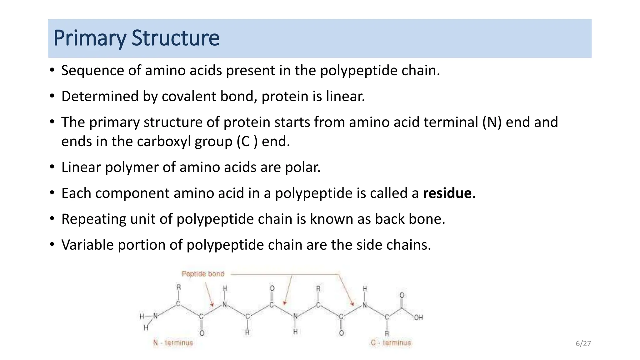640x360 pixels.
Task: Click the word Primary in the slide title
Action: pos(90,38)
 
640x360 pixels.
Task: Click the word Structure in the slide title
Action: pos(175,38)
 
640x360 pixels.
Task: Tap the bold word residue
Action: pos(447,193)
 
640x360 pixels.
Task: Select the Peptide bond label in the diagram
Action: pos(203,274)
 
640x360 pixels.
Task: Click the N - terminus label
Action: pos(173,343)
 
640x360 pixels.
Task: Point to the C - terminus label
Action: pos(391,343)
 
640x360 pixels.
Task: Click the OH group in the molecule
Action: pos(418,317)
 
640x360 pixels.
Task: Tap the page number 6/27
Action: pos(583,344)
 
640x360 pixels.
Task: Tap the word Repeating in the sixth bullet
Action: pos(93,219)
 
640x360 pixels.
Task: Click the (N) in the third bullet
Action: pos(492,122)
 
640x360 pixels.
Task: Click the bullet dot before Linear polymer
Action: pos(52,167)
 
